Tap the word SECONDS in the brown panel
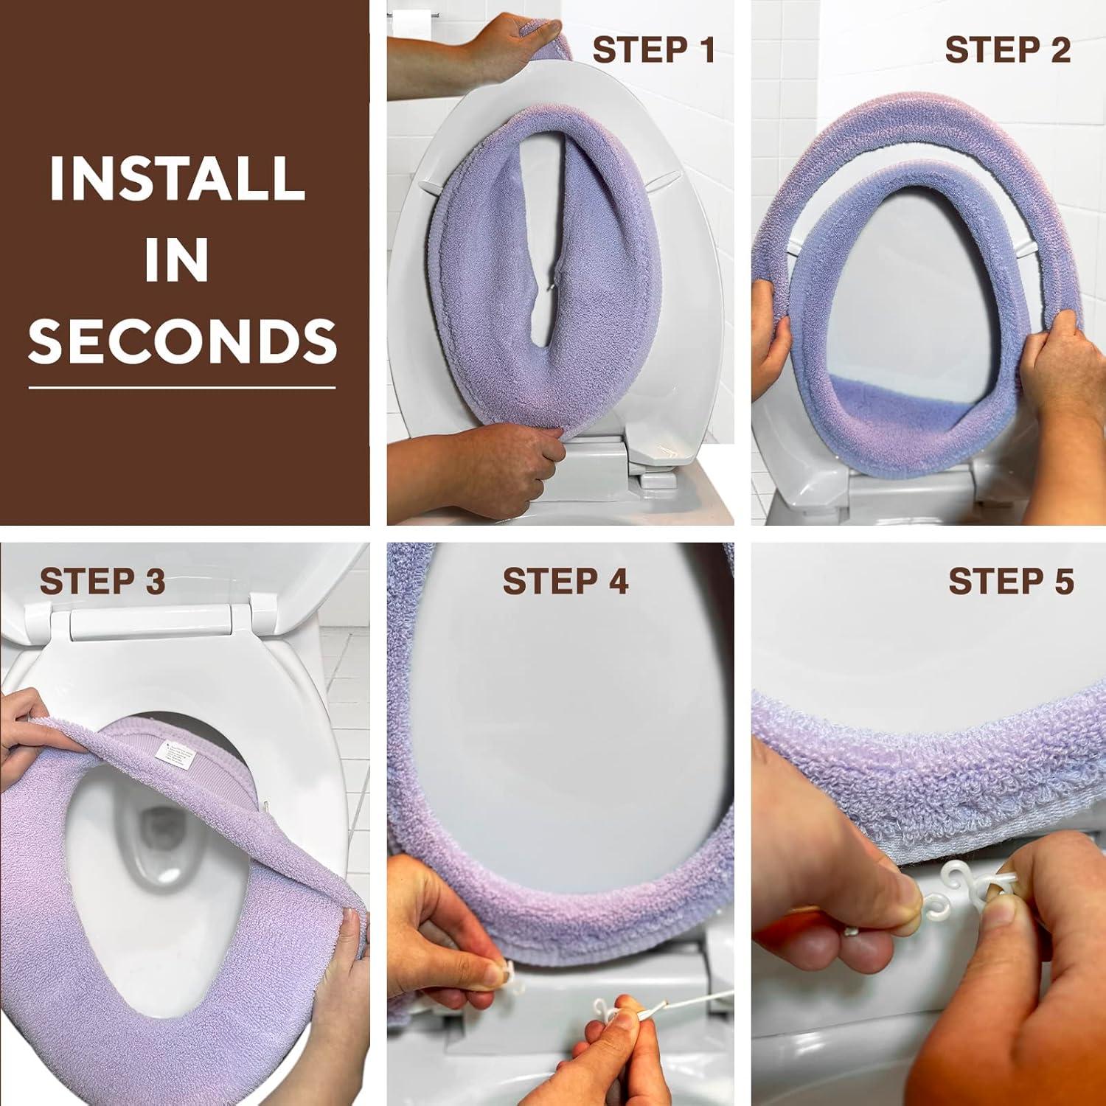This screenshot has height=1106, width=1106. [182, 341]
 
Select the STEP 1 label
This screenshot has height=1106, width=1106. [653, 50]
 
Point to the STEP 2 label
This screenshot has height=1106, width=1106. [1007, 50]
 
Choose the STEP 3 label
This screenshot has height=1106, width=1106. [102, 581]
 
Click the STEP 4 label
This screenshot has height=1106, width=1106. [565, 581]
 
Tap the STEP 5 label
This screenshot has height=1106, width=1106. [1011, 581]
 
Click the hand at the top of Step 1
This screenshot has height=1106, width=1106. [472, 52]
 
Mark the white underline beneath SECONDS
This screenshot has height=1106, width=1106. [182, 386]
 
